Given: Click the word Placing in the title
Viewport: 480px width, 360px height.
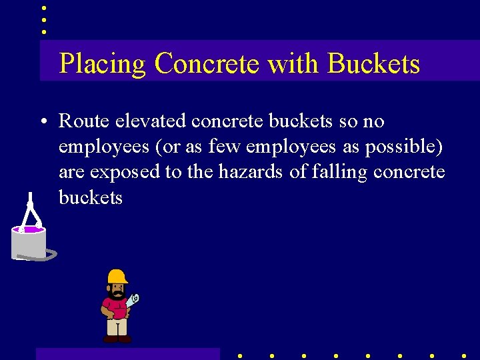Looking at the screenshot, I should [102, 64].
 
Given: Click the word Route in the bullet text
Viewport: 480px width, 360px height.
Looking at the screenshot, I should [83, 121].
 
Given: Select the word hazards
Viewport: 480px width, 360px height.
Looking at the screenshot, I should [250, 172].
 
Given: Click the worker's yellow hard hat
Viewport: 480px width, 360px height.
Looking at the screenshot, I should [117, 276].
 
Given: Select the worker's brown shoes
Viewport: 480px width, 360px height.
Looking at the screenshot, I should [117, 339].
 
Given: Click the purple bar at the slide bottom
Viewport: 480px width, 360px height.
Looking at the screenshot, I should [127, 353].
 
